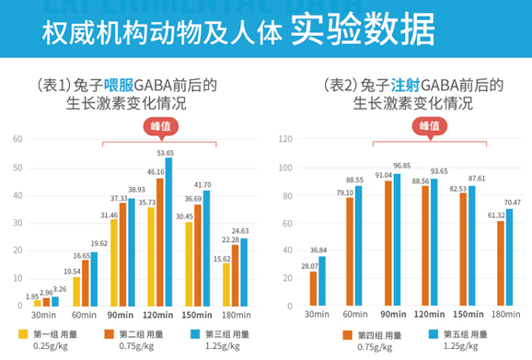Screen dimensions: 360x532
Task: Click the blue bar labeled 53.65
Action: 168,231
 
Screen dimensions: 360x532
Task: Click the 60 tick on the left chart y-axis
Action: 17,139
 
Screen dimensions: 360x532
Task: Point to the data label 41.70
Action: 201,184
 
